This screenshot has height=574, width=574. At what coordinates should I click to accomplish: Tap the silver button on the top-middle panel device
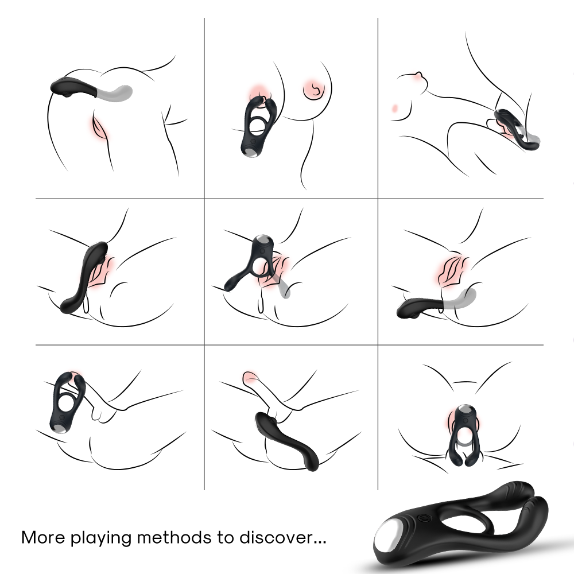251,151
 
